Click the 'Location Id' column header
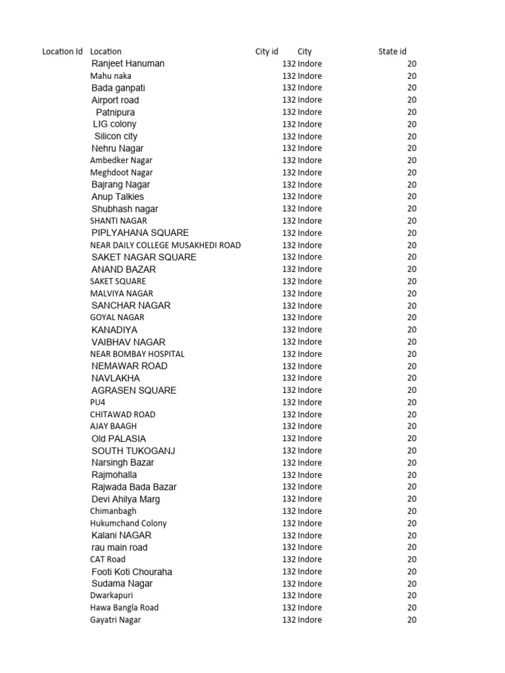(62, 51)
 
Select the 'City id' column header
(266, 51)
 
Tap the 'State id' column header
(392, 51)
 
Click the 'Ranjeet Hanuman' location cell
(128, 64)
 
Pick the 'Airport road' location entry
(115, 100)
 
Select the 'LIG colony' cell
(114, 124)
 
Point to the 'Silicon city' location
(116, 136)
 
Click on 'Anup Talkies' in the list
(117, 197)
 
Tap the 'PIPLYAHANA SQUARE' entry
(139, 233)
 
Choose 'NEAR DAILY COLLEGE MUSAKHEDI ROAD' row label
(165, 245)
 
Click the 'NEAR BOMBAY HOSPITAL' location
(137, 354)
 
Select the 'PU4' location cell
(97, 402)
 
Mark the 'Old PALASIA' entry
(118, 438)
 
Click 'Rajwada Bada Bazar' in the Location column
(133, 487)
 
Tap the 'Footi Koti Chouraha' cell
(132, 572)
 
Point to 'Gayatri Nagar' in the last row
(115, 620)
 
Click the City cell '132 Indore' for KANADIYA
(302, 330)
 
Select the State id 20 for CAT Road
(412, 559)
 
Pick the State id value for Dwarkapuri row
(412, 595)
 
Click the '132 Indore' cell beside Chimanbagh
(302, 511)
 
